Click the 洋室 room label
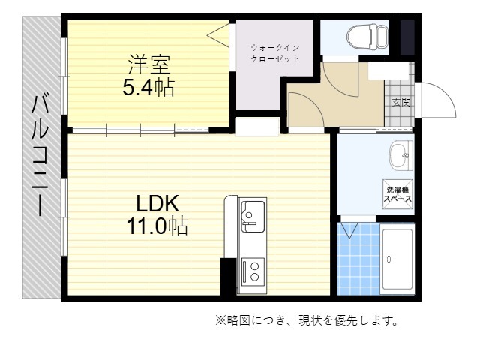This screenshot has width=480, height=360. [x=149, y=64]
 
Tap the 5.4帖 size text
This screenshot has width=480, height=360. [x=148, y=87]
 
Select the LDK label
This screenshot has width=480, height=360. [x=157, y=203]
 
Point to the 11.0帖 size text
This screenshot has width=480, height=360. [x=157, y=226]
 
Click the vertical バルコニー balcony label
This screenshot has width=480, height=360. [x=40, y=156]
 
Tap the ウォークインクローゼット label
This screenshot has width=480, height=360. [x=274, y=53]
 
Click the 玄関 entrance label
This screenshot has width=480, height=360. [x=401, y=102]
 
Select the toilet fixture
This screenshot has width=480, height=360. [x=367, y=37]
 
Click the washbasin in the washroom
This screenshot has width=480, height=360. [x=401, y=155]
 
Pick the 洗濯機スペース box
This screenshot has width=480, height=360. [x=397, y=194]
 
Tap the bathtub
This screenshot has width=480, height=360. [x=397, y=259]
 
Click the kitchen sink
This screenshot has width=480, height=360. [x=253, y=216]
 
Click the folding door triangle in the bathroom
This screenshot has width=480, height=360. [x=349, y=231]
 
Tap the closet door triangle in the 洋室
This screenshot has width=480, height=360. [x=218, y=35]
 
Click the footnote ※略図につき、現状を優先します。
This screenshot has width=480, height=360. [x=307, y=320]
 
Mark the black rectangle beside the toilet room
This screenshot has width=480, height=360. [x=407, y=37]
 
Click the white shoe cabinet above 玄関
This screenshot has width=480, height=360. [x=388, y=71]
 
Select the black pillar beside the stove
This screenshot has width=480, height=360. [x=228, y=277]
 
